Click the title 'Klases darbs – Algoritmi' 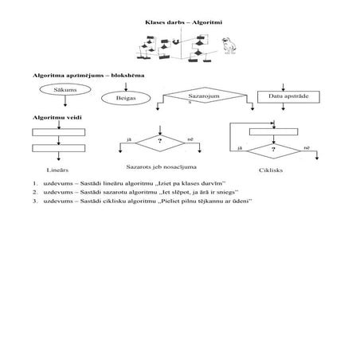click(x=179, y=26)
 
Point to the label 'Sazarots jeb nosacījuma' click(x=162, y=166)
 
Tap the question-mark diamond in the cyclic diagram click(x=274, y=148)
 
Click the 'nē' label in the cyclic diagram click(x=307, y=147)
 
